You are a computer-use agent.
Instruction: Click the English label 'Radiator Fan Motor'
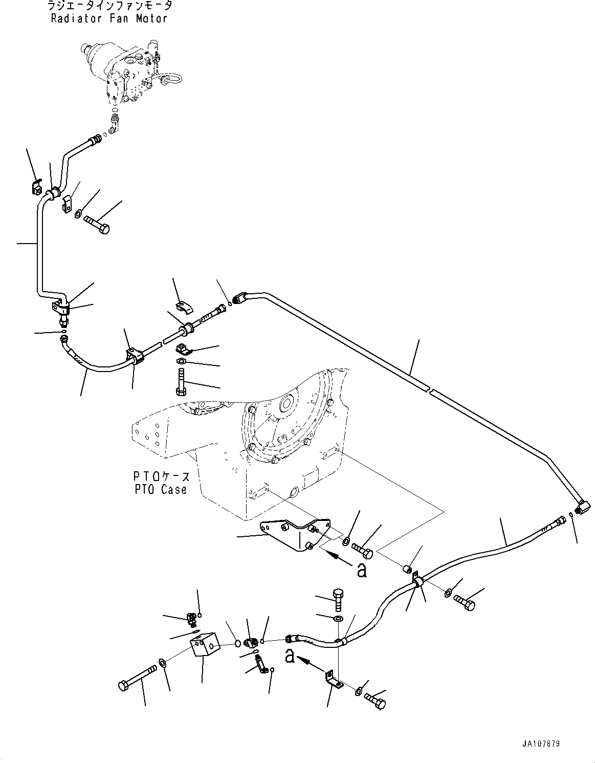coord(109,19)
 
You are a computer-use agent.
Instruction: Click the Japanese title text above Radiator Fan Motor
coord(109,6)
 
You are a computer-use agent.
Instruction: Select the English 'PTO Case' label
coord(161,490)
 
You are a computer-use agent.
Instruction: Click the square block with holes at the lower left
coord(204,643)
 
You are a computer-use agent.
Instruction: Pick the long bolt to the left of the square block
coord(138,675)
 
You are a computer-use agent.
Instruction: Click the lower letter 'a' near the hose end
coord(290,656)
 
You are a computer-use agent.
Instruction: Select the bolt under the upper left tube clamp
coord(97,225)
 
